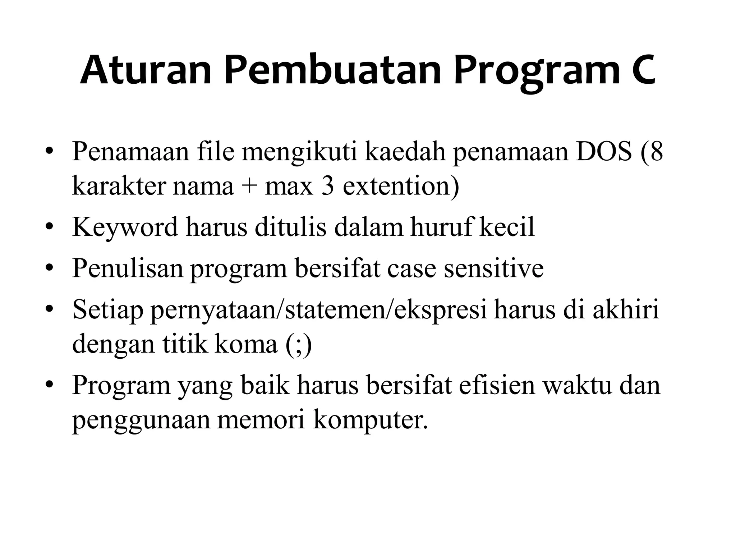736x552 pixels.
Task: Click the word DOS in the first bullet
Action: click(x=603, y=152)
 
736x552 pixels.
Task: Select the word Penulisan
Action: click(x=128, y=268)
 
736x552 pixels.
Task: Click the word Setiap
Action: click(x=107, y=309)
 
